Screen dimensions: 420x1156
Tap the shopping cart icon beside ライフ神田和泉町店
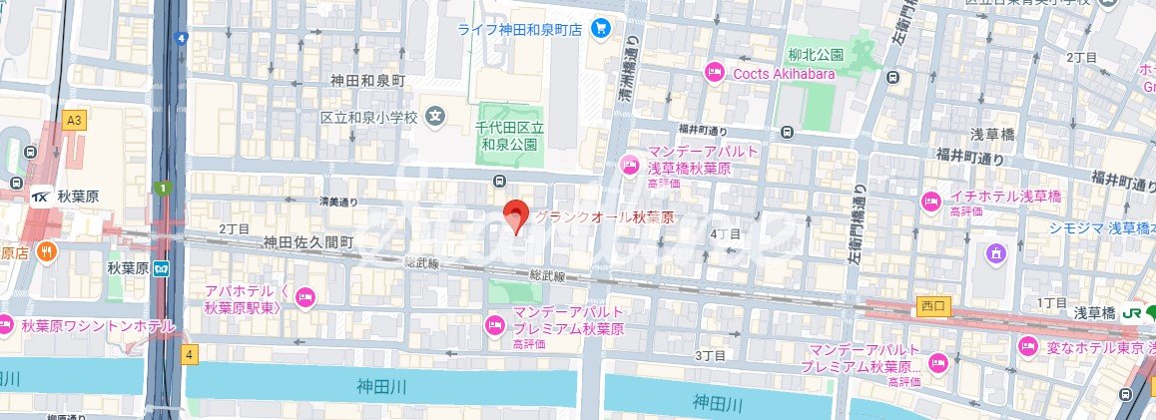pyautogui.click(x=600, y=28)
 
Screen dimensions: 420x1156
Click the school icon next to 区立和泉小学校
pyautogui.click(x=436, y=117)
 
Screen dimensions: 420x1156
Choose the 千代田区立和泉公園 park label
pyautogui.click(x=509, y=136)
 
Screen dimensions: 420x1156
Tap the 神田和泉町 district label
pyautogui.click(x=369, y=79)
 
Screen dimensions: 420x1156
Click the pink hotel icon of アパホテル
pyautogui.click(x=305, y=294)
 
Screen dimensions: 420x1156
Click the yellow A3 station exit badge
pyautogui.click(x=72, y=120)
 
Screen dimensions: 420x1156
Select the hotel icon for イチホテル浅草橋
pyautogui.click(x=930, y=202)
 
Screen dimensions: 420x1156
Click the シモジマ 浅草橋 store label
pyautogui.click(x=1099, y=227)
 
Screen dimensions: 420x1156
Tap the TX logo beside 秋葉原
pyautogui.click(x=41, y=196)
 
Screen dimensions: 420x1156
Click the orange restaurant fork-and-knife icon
pyautogui.click(x=46, y=252)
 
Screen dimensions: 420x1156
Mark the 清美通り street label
pyautogui.click(x=337, y=201)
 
